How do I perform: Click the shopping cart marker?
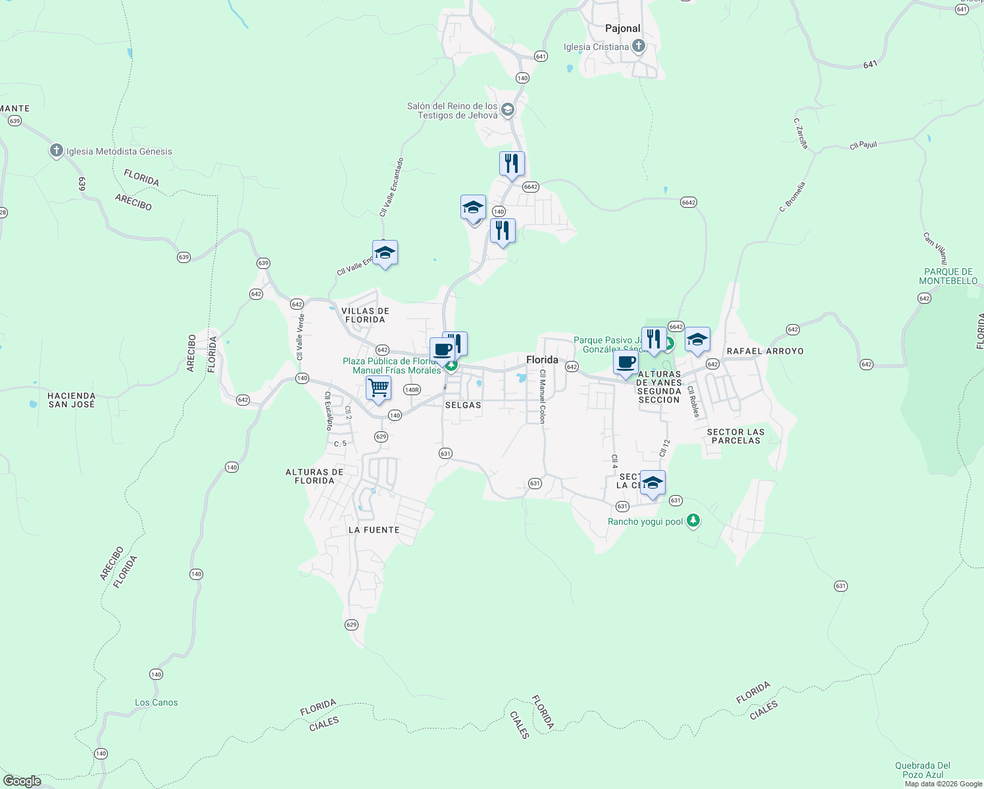pyautogui.click(x=379, y=388)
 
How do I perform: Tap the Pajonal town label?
pyautogui.click(x=622, y=28)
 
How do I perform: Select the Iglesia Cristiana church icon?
pyautogui.click(x=638, y=46)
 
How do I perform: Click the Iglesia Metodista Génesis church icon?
pyautogui.click(x=57, y=151)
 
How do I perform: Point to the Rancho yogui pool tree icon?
pyautogui.click(x=693, y=521)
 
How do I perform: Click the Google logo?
pyautogui.click(x=22, y=780)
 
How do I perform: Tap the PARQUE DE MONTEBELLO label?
pyautogui.click(x=948, y=276)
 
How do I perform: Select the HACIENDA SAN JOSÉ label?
pyautogui.click(x=72, y=400)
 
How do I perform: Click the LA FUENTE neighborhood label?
pyautogui.click(x=374, y=529)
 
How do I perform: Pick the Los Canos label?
pyautogui.click(x=156, y=702)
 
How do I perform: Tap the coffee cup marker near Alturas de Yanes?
pyautogui.click(x=626, y=362)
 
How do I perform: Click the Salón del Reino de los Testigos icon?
pyautogui.click(x=507, y=110)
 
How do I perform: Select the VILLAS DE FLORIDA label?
pyautogui.click(x=365, y=315)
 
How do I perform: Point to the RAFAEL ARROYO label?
pyautogui.click(x=765, y=351)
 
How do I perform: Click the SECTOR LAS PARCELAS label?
pyautogui.click(x=735, y=436)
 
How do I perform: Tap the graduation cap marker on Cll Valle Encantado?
pyautogui.click(x=385, y=252)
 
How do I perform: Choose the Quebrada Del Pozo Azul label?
pyautogui.click(x=923, y=770)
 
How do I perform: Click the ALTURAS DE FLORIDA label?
pyautogui.click(x=314, y=476)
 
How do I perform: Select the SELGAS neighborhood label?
pyautogui.click(x=463, y=405)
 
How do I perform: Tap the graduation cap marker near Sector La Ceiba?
pyautogui.click(x=652, y=483)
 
